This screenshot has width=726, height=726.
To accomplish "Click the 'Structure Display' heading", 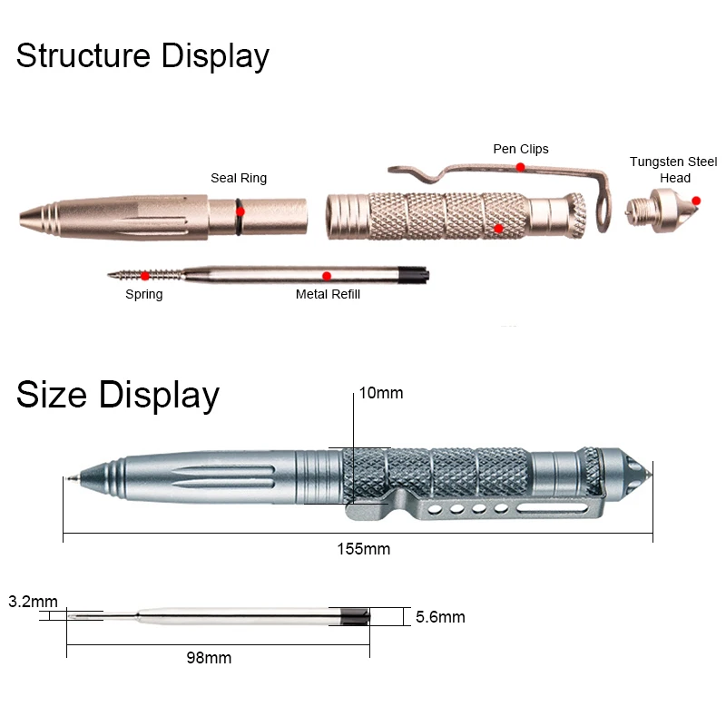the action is (x=142, y=56).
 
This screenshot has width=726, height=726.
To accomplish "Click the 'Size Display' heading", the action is (x=118, y=395).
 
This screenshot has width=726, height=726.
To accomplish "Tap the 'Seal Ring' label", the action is (x=239, y=178).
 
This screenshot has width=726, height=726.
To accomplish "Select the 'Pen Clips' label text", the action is (x=520, y=149).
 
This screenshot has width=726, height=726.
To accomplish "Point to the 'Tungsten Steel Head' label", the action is (x=673, y=170).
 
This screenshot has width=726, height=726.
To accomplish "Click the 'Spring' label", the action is (x=144, y=294).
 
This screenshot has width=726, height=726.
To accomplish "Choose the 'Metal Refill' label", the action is (x=328, y=294).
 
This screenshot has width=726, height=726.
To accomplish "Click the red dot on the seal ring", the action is (x=240, y=211).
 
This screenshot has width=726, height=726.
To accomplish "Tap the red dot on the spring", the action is (x=145, y=276).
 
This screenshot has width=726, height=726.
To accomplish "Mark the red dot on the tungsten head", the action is (x=696, y=201).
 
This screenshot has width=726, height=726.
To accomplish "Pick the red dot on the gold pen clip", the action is (x=520, y=167).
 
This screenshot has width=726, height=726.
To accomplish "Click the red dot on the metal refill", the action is (x=327, y=277).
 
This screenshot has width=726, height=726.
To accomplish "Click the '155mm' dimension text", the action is (x=364, y=549).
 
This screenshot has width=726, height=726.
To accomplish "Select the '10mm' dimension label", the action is (x=381, y=393).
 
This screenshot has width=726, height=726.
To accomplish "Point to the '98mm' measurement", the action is (x=209, y=658).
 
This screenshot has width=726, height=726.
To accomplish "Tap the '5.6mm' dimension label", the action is (x=440, y=617).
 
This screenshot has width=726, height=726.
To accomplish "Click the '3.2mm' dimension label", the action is (x=33, y=602).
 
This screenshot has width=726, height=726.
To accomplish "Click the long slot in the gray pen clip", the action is (x=553, y=509).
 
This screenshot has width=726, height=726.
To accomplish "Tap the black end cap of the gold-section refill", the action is (x=414, y=275).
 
